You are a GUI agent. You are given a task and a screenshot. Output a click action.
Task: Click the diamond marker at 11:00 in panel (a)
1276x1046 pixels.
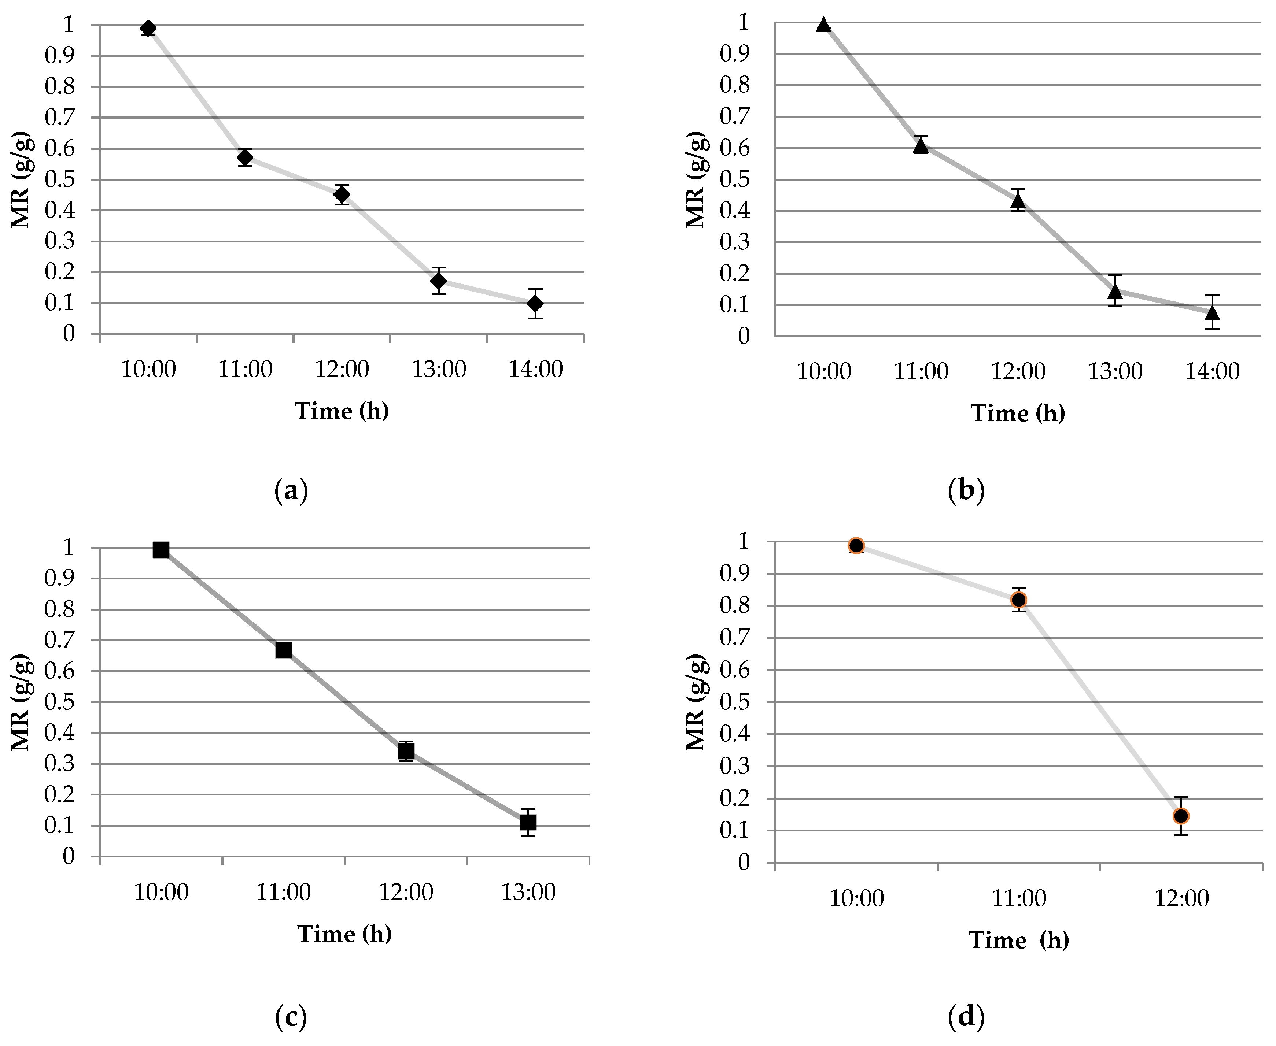click(x=245, y=157)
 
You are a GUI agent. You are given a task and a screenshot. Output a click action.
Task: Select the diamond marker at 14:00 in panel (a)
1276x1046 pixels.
click(x=535, y=303)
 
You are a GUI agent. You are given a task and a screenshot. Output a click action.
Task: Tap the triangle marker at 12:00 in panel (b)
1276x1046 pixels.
click(x=1018, y=201)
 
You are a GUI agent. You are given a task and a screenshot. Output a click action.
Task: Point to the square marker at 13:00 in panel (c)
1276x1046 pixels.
click(x=528, y=822)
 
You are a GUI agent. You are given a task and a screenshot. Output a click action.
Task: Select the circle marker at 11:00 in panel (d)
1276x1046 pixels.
click(x=1019, y=600)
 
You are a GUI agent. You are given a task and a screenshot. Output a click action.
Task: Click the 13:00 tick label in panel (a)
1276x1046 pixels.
click(x=439, y=369)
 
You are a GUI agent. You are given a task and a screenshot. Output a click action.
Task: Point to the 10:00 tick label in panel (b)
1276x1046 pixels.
click(x=824, y=371)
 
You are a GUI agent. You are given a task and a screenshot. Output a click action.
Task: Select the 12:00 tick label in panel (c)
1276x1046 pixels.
click(x=406, y=892)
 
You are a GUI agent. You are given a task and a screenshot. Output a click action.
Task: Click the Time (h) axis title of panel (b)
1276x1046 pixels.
click(x=1018, y=413)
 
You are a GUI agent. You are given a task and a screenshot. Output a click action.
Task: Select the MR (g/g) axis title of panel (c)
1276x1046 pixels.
click(x=21, y=702)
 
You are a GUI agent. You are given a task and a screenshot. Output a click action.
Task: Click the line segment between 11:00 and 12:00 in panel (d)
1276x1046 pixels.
click(x=1100, y=708)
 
